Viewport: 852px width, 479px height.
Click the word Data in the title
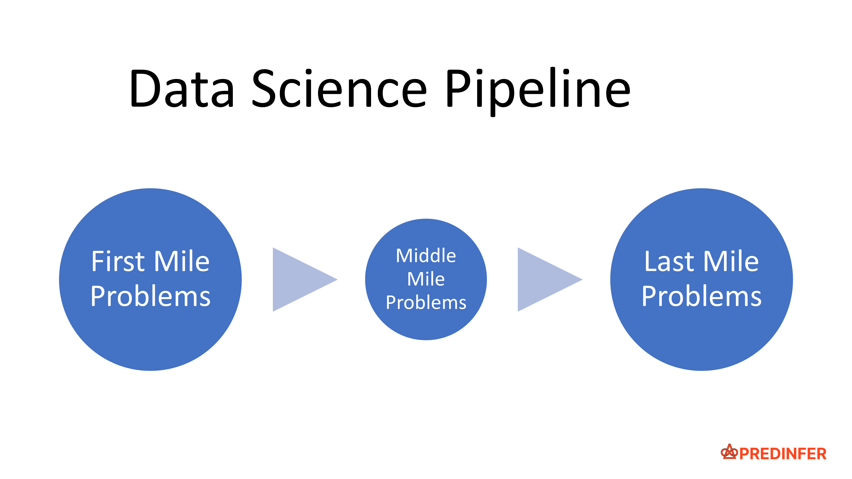[182, 89]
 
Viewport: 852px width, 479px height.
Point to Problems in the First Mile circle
[151, 297]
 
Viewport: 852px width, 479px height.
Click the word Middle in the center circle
[426, 256]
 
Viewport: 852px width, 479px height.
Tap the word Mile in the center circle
[426, 279]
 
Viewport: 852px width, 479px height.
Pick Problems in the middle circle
[426, 303]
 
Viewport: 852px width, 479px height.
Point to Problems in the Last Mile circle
[701, 297]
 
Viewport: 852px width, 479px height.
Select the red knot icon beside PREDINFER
[729, 452]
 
